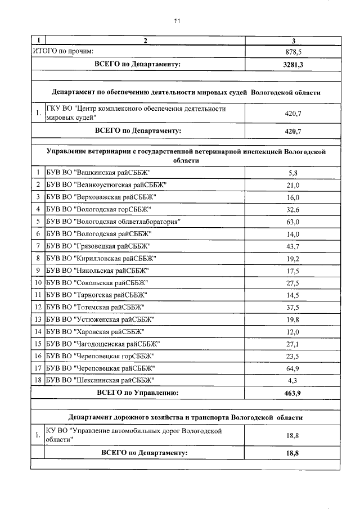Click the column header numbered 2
(x=145, y=40)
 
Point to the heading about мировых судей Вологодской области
(x=186, y=92)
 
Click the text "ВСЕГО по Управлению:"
(x=138, y=393)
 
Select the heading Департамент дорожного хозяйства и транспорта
(x=185, y=418)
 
